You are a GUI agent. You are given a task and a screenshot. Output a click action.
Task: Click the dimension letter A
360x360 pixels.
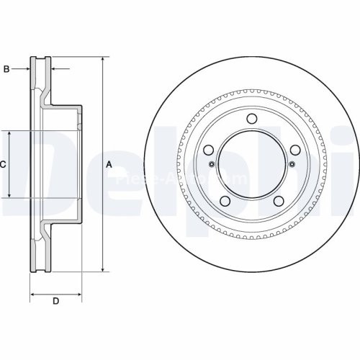pyautogui.click(x=109, y=165)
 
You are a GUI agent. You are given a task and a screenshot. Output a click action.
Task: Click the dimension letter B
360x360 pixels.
pyautogui.click(x=6, y=69)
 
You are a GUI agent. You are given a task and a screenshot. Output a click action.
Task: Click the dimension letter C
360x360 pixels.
pyautogui.click(x=3, y=164)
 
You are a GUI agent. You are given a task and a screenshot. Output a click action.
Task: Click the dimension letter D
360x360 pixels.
pyautogui.click(x=55, y=300)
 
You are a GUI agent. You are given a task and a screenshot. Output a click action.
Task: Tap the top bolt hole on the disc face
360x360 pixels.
pyautogui.click(x=251, y=120)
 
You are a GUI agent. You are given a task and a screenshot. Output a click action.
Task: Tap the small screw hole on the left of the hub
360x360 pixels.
pyautogui.click(x=211, y=165)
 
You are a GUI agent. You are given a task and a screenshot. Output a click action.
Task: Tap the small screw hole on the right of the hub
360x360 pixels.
pyautogui.click(x=292, y=165)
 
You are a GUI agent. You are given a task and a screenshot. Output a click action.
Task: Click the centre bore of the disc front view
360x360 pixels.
pyautogui.click(x=251, y=165)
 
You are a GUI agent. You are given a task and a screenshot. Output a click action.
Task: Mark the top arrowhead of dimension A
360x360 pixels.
pyautogui.click(x=102, y=59)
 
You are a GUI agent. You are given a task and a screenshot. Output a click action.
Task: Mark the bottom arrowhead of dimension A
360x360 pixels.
pyautogui.click(x=102, y=269)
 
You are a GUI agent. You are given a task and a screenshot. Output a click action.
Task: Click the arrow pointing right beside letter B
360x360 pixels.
pyautogui.click(x=27, y=69)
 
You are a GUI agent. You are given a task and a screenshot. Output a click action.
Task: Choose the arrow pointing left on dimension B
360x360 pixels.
pyautogui.click(x=54, y=69)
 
